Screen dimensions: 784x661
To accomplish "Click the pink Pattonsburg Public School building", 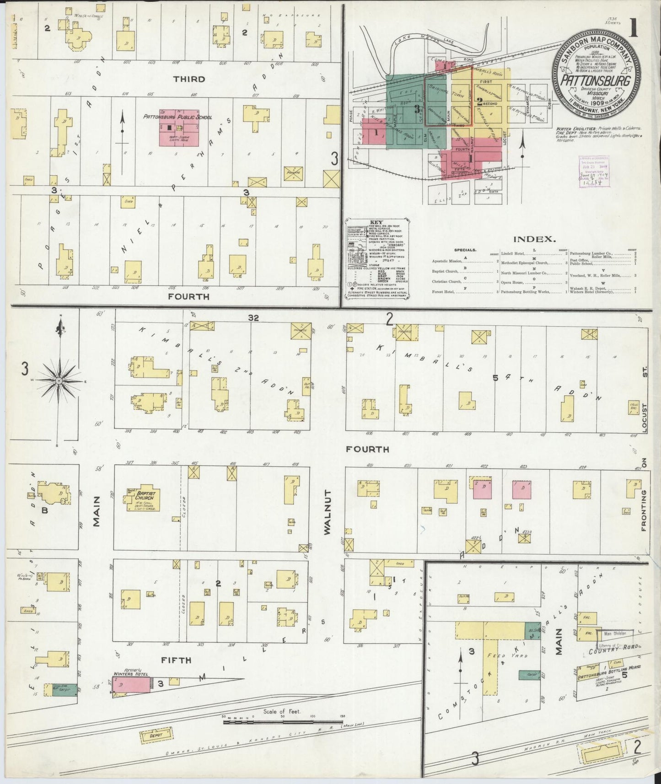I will [178, 128].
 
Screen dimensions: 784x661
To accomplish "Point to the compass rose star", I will [59, 381].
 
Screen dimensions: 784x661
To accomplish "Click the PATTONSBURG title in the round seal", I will [595, 81].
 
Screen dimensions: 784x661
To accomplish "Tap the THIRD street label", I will [189, 79].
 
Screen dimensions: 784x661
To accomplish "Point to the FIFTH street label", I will [176, 660].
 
